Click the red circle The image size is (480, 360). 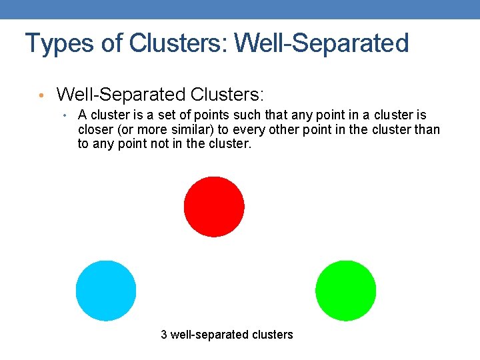click(x=214, y=206)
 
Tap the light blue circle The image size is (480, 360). click(x=106, y=291)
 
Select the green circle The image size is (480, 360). click(x=345, y=291)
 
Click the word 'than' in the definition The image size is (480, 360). click(x=427, y=129)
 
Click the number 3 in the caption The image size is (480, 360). click(x=164, y=335)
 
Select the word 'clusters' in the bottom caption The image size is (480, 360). click(x=271, y=335)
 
